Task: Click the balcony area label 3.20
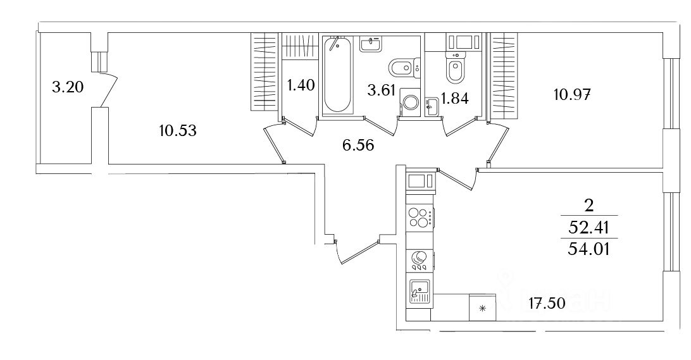(68, 88)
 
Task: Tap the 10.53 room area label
(178, 131)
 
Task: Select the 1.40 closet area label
(301, 85)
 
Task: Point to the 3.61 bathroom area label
(382, 90)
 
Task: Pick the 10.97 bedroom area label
(571, 95)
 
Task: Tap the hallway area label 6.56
(358, 145)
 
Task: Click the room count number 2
(589, 205)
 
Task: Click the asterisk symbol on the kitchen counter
(483, 309)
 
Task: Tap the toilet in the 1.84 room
(454, 69)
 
